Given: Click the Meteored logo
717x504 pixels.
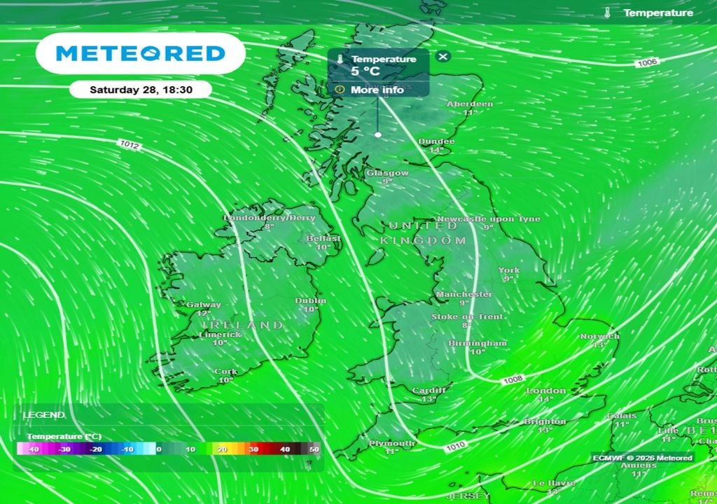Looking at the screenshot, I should coord(140,53).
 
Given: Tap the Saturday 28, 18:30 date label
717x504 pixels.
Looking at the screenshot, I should coord(141,90).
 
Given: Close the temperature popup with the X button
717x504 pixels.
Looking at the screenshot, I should coord(443,57).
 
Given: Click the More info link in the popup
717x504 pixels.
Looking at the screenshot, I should coord(377,90).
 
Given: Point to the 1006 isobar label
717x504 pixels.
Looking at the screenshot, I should coord(647,63).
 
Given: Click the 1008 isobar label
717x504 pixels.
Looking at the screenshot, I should coord(513,379).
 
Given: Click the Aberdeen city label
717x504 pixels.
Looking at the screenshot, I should coord(470,104).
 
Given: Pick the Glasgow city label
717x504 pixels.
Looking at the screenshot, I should coord(387,173).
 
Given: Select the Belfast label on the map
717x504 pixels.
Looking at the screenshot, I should coord(323,239).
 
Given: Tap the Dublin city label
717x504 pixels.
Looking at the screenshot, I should coord(310,301).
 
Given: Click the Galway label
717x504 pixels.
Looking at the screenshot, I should coord(204,304).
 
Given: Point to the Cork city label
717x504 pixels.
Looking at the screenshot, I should coord(225,372).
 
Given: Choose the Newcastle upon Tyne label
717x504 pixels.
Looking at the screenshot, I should coord(489,219).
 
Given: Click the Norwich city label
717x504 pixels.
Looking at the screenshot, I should coord(599,337).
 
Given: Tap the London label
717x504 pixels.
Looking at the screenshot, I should coord(546,391).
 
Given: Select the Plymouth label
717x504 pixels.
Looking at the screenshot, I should coord(392,443).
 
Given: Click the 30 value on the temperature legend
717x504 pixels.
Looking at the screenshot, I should coord(253,449).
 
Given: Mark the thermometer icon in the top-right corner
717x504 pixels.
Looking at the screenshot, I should coord(608,13).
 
